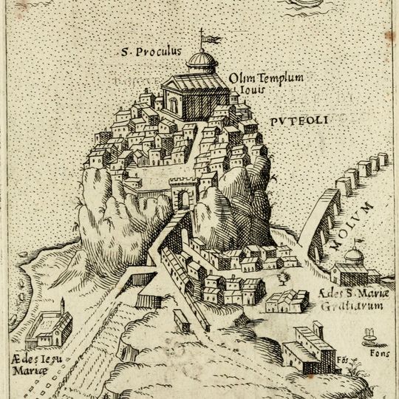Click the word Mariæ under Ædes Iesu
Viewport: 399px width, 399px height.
[25, 369]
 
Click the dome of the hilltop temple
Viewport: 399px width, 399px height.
[200, 59]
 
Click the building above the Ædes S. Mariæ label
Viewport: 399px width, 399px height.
[287, 301]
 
